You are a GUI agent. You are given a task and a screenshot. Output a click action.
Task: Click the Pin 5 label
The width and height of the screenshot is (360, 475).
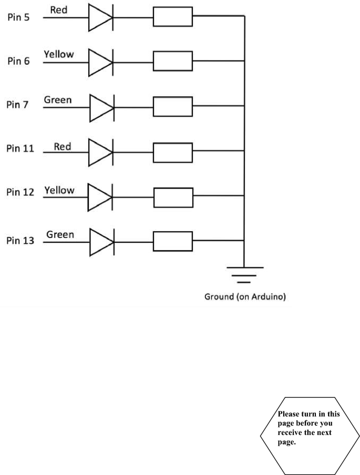coord(19,17)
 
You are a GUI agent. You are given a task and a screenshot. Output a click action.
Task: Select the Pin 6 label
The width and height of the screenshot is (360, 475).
coord(19,61)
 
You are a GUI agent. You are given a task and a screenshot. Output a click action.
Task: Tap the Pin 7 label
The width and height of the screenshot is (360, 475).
coord(19,105)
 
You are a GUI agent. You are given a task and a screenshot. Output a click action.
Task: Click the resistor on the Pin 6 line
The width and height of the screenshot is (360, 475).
coord(172,61)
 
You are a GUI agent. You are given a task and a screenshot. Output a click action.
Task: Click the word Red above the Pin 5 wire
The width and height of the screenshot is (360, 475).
coord(58,10)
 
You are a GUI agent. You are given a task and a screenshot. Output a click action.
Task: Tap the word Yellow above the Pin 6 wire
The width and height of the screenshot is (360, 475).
coord(59,54)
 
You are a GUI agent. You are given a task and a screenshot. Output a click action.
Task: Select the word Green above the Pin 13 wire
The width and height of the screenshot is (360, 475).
coord(60,234)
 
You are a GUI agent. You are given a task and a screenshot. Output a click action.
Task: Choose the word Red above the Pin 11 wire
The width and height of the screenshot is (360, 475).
coord(63,147)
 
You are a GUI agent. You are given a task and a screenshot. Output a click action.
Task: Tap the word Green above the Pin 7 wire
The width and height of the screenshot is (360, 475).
coord(58,99)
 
